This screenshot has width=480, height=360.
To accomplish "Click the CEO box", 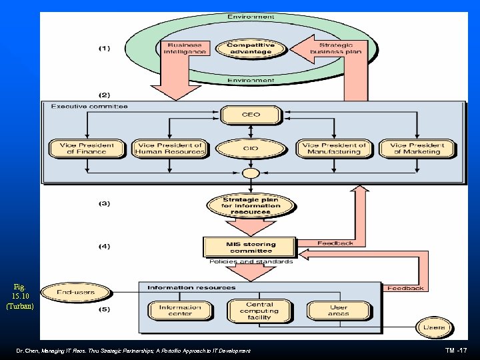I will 251,115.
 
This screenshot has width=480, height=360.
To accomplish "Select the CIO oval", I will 251,148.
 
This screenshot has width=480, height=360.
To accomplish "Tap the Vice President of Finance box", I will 87,148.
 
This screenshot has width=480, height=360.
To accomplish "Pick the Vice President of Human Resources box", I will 169,148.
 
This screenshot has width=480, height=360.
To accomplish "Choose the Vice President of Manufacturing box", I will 334,148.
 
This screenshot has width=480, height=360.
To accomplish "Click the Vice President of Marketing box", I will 417,148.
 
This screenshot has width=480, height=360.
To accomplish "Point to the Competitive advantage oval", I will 250,49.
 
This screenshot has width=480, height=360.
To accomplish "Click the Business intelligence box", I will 185,49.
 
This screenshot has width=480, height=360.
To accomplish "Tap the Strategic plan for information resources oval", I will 251,205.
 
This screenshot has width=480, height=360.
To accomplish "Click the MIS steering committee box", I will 251,247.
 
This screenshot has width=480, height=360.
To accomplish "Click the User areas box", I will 338,311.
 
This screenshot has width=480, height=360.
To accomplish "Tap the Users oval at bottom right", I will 434,327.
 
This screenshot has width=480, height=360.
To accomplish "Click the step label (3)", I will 105,203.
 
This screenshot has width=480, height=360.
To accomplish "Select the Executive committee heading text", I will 89,107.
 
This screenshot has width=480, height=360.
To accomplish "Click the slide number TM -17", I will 457,350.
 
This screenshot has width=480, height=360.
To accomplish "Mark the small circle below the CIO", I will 251,174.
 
